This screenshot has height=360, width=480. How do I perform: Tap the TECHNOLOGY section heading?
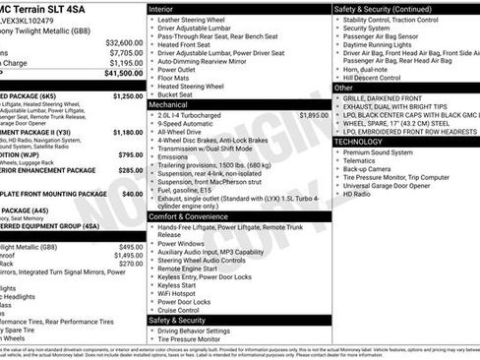[358, 142]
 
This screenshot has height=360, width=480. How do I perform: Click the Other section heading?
[344, 88]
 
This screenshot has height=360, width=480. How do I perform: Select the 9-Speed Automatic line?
[192, 124]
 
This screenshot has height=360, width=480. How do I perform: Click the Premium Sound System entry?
[379, 152]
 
